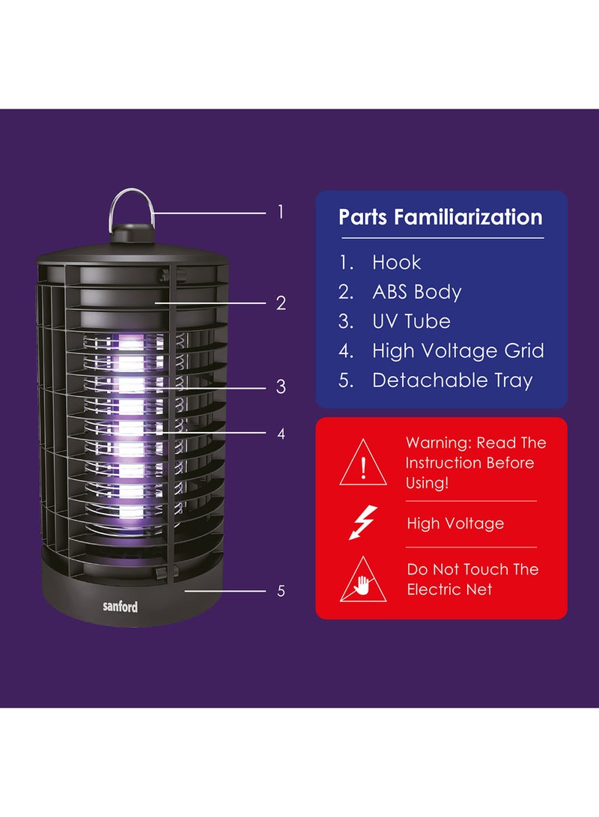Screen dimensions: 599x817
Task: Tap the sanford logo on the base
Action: click(121, 606)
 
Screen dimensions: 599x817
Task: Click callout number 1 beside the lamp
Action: click(281, 212)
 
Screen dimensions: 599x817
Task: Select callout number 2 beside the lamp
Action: click(281, 303)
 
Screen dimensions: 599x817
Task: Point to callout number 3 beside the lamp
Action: click(281, 386)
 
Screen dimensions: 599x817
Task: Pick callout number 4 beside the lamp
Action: click(282, 434)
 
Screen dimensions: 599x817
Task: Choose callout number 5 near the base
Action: click(282, 591)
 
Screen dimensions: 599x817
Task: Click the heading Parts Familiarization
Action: click(441, 216)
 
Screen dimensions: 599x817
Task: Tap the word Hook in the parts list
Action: click(396, 262)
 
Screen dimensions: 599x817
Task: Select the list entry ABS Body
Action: click(417, 292)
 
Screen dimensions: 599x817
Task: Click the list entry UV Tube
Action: click(411, 321)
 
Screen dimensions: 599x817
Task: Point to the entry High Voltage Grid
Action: click(457, 350)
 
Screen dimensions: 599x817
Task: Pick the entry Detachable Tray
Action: click(452, 380)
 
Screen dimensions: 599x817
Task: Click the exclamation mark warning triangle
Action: click(363, 463)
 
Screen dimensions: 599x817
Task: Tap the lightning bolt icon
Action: click(363, 522)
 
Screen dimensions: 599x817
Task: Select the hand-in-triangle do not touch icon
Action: click(363, 580)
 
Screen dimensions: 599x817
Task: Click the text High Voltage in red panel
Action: click(455, 523)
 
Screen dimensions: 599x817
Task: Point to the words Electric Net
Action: click(449, 589)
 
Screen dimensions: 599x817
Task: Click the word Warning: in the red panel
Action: click(439, 443)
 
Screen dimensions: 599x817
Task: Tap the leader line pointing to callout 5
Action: click(225, 591)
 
